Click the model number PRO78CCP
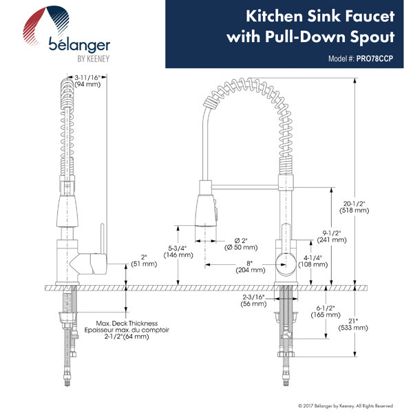374,59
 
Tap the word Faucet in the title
370,17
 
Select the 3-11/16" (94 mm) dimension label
87,81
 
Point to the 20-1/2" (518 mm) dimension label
354,206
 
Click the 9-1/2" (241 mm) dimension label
332,236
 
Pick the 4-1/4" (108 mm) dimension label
313,261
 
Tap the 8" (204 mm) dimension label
251,266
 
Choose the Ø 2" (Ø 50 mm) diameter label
241,244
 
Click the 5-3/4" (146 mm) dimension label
178,251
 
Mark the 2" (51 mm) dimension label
144,260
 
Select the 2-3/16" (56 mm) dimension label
253,300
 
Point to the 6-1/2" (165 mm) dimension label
326,311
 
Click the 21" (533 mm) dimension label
353,324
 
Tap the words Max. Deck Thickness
127,324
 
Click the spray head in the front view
206,211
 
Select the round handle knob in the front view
285,264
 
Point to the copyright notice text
346,405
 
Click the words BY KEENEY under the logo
93,59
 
